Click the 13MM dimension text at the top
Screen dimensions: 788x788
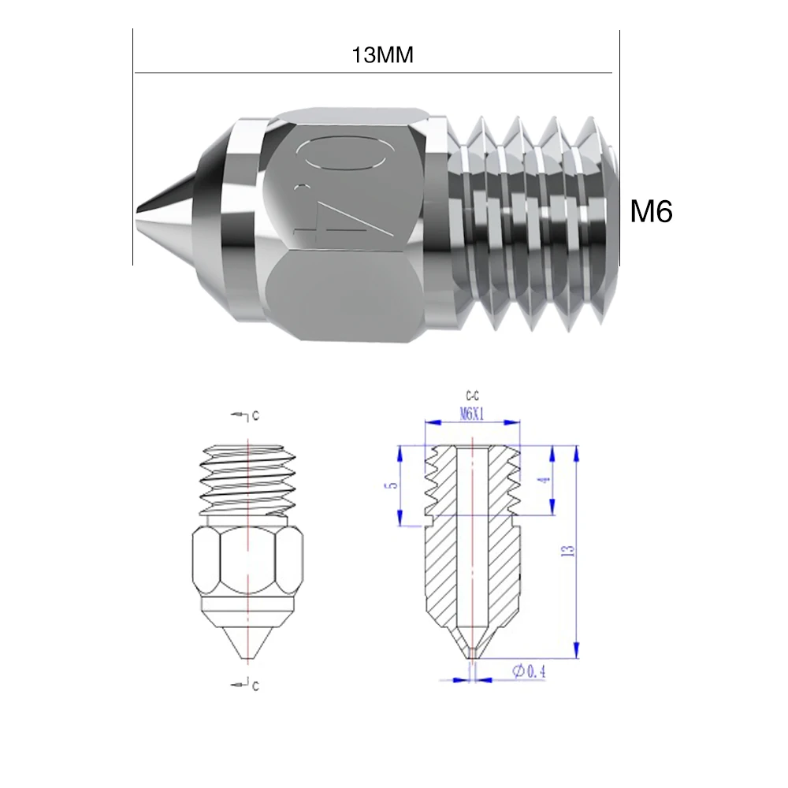384,56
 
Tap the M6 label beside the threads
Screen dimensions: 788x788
651,211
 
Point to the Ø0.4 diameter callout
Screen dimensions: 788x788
529,671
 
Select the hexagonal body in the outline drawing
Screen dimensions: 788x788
247,563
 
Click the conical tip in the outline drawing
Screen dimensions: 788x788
247,638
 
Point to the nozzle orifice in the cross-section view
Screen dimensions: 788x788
471,652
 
